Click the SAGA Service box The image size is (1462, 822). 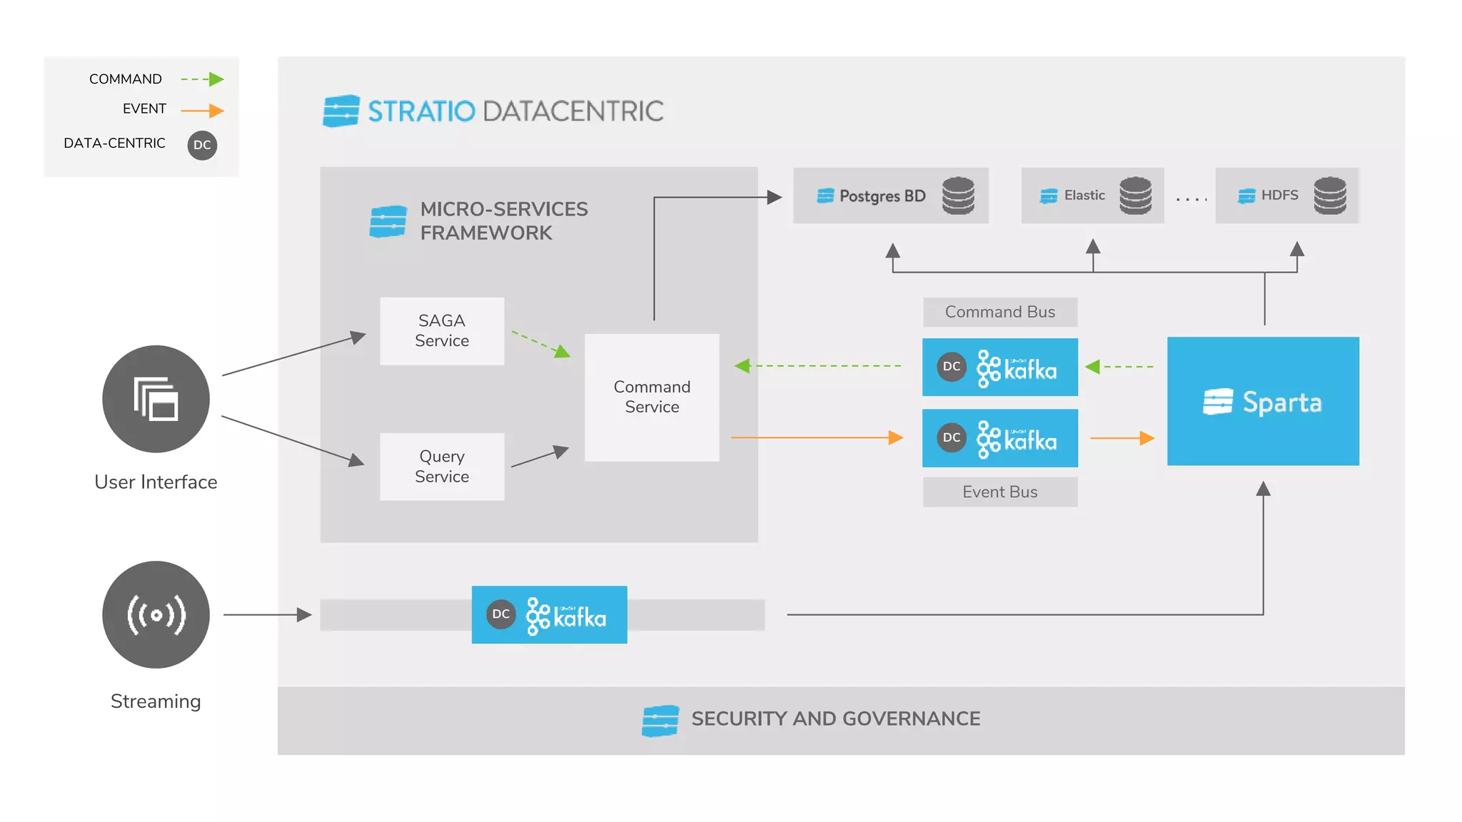point(442,331)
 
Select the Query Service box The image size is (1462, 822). point(442,467)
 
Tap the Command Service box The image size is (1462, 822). point(652,397)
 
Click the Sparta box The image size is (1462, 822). point(1263,402)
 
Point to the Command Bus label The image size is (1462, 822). point(999,312)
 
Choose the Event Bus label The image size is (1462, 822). point(999,492)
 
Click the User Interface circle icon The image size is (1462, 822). point(156,399)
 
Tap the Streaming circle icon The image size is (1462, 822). point(156,614)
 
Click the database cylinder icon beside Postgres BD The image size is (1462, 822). point(958,196)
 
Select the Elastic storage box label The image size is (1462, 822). point(1084,196)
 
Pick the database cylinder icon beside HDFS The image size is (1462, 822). point(1330,196)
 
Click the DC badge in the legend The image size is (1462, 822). point(202,145)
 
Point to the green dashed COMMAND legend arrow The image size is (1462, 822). point(203,79)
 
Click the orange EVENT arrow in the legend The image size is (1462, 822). point(203,111)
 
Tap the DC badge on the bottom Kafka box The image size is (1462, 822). point(501,614)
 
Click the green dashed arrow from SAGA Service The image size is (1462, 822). point(540,344)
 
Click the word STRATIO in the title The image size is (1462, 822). point(421,111)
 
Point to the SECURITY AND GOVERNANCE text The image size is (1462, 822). point(835,719)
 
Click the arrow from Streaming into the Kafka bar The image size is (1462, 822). point(267,614)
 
